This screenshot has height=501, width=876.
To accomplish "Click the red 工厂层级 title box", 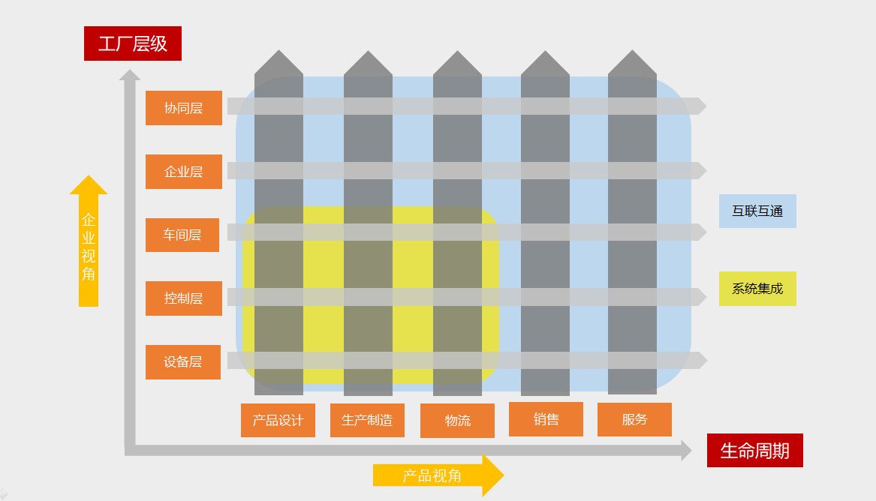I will pos(133,43).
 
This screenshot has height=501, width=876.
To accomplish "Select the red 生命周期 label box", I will pos(754,450).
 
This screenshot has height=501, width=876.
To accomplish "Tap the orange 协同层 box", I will pos(184,108).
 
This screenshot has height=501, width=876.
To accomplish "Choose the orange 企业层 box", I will pos(184,172).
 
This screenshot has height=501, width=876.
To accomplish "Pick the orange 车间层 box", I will pos(182,235).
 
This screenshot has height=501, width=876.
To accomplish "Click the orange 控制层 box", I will pos(184,298).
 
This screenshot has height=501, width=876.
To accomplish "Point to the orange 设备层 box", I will pos(183,362).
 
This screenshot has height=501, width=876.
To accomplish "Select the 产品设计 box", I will pos(278,420).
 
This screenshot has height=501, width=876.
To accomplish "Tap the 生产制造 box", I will pos(367,420).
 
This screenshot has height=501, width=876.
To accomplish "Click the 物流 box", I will pos(457,421).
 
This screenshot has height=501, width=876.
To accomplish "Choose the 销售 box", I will pos(546,419).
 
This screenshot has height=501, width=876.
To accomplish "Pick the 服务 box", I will pos(634,419).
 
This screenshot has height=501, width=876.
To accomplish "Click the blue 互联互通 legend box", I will pos(757,211).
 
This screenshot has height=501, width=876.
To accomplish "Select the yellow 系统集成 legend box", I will pos(757,289).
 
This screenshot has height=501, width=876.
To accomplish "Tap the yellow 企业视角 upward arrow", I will pos(89,240).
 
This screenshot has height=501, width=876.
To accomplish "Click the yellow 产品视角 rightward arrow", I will pos(438,475).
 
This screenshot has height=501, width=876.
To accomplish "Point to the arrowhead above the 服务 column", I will pos(632,63).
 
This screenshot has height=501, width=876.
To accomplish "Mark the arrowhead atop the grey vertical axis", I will pos(130,74).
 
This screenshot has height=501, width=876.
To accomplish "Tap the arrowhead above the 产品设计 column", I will pos(278,63).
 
